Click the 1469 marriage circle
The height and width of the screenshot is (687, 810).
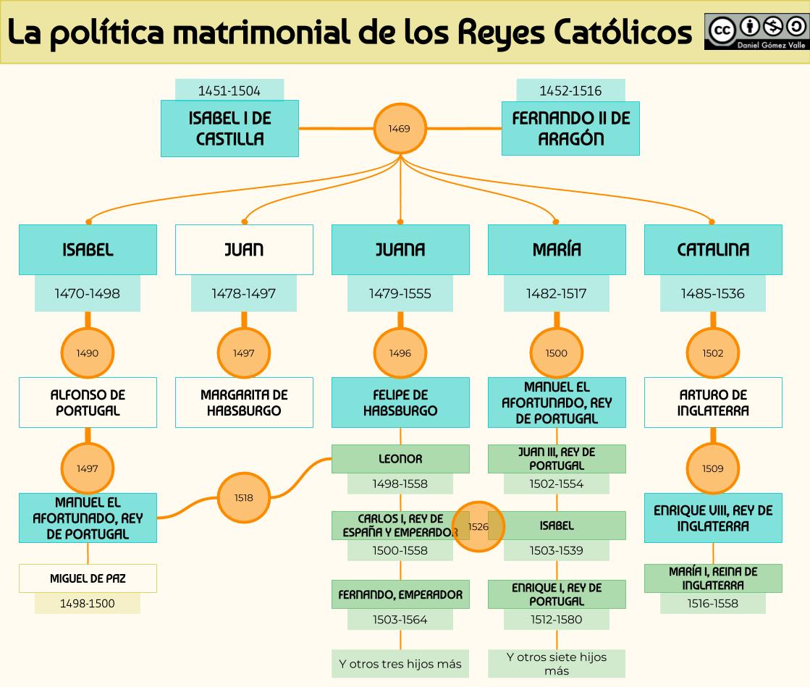(x=399, y=129)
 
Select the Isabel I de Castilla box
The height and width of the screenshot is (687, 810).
(x=229, y=128)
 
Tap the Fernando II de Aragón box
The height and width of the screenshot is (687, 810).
(x=570, y=128)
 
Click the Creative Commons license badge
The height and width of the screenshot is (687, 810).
(x=755, y=32)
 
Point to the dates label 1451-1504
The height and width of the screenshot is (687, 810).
(x=229, y=90)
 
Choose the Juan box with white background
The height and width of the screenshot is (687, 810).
(x=244, y=250)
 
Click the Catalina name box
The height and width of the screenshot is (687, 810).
(x=713, y=250)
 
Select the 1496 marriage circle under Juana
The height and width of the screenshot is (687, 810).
(x=400, y=353)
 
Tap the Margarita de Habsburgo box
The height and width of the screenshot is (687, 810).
(x=244, y=402)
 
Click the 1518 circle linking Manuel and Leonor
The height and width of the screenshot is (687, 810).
(x=244, y=497)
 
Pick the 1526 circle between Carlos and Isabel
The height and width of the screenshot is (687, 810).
(x=478, y=526)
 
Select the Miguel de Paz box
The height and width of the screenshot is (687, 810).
(x=88, y=578)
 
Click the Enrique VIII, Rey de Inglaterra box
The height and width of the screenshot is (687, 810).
(x=713, y=518)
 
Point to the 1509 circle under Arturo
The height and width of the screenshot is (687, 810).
(x=713, y=468)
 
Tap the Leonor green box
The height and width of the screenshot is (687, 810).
(x=400, y=459)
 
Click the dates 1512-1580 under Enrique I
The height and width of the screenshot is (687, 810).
(x=556, y=619)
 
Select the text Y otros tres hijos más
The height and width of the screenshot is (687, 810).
(x=400, y=663)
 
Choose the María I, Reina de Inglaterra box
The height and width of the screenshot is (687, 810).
(x=713, y=578)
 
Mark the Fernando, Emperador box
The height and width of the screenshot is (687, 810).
(x=400, y=594)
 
